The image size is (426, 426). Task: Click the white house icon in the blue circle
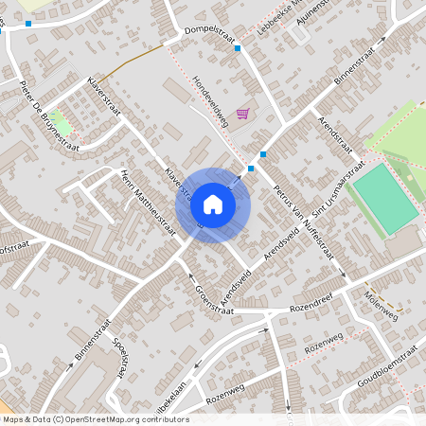(213, 204)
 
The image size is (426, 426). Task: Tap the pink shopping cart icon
(243, 114)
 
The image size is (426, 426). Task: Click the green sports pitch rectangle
(385, 198)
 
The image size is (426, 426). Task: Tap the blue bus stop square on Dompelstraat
(238, 48)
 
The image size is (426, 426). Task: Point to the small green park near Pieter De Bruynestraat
(59, 123)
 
